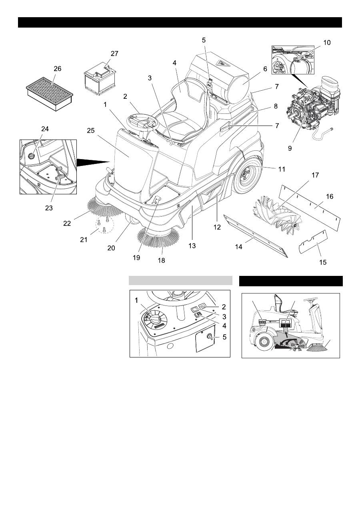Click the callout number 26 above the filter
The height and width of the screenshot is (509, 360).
click(57, 69)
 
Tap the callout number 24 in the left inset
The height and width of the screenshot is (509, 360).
click(44, 129)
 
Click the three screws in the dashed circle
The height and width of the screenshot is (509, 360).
click(104, 224)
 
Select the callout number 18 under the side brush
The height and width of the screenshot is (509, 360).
click(161, 261)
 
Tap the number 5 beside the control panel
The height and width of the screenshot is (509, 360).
click(225, 337)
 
